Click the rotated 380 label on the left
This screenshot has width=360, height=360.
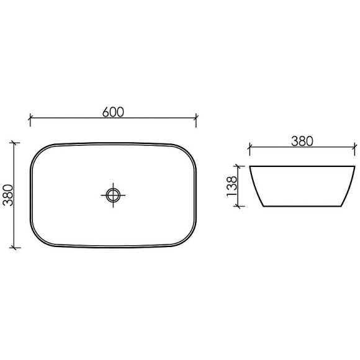point(7,195)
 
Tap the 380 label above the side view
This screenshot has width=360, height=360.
point(302,141)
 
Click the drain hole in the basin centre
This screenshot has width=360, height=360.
point(113,195)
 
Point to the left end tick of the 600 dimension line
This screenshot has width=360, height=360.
point(30,117)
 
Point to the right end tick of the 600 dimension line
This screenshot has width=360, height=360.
point(196,117)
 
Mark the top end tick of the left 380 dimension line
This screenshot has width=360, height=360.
point(15,143)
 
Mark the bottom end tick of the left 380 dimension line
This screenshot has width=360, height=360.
point(15,247)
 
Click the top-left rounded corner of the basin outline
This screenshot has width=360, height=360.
point(38,152)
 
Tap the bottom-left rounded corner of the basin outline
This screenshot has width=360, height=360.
point(38,238)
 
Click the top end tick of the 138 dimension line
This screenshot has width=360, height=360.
point(238,166)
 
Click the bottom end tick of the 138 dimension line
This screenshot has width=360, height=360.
point(238,206)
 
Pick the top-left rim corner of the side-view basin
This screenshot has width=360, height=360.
point(250,167)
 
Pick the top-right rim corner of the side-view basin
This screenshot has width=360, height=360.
point(355,167)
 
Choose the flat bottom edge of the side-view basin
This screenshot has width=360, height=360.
point(302,206)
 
